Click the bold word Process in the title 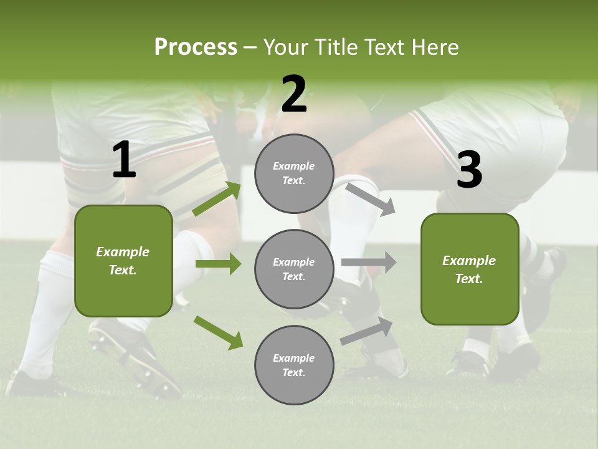(196, 47)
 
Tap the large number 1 (124, 160)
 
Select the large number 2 (294, 94)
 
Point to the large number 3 (469, 170)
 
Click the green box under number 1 (123, 261)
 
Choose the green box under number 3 (470, 269)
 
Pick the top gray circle (294, 173)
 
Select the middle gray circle (294, 269)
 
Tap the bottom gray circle (294, 365)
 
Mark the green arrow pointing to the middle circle (218, 264)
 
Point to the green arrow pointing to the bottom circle (218, 332)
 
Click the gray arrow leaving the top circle (370, 199)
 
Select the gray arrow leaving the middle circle (369, 263)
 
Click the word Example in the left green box (123, 252)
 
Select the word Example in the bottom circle (294, 358)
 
